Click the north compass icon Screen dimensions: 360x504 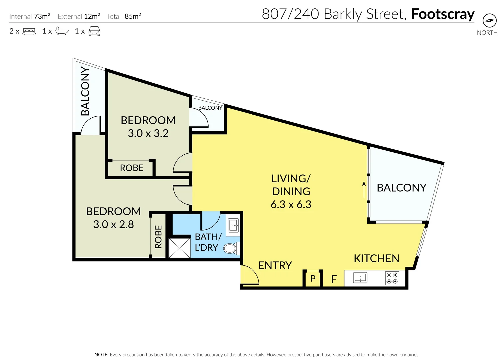[x=489, y=21]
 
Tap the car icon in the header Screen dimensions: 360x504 [x=94, y=31]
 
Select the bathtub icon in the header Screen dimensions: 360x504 [x=62, y=31]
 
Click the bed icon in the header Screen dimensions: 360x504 [x=29, y=31]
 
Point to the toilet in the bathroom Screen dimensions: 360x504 [x=230, y=248]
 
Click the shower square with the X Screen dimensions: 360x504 [x=179, y=248]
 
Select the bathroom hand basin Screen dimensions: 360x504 [x=233, y=226]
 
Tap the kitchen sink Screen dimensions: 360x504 [x=360, y=277]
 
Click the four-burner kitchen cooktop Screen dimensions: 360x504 [x=392, y=278]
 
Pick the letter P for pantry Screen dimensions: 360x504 [x=313, y=278]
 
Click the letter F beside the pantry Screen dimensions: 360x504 [x=334, y=279]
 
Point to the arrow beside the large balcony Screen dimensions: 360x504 [x=364, y=189]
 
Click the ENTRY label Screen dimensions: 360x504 [x=275, y=265]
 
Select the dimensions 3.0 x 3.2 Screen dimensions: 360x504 [x=148, y=133]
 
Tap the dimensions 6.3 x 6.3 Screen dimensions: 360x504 [x=291, y=204]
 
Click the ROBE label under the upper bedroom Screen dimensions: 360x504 [x=131, y=168]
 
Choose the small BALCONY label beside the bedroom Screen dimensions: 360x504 [x=210, y=108]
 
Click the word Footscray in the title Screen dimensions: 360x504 [x=443, y=14]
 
